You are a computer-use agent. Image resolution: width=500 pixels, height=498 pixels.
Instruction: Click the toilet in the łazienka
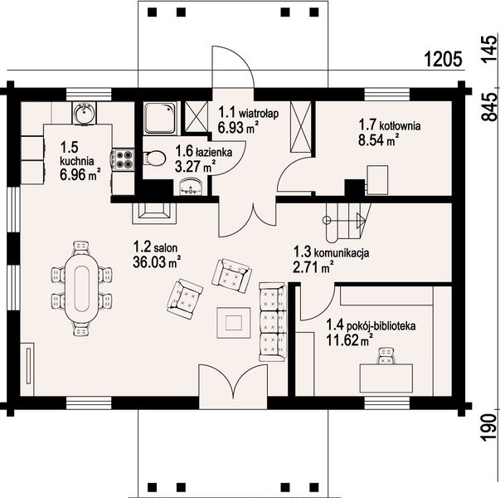click(x=155, y=158)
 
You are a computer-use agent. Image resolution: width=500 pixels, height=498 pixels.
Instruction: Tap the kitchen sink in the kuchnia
click(x=84, y=113)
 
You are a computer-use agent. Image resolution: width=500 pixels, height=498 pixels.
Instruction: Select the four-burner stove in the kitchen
click(x=123, y=159)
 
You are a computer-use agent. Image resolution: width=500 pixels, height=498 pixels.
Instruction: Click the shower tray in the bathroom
click(x=160, y=118)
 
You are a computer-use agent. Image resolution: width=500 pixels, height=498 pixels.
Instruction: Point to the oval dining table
click(x=81, y=289)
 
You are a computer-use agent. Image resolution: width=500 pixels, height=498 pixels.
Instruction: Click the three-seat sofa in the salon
click(x=272, y=322)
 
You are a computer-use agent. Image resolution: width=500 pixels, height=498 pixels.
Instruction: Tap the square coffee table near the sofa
click(x=234, y=322)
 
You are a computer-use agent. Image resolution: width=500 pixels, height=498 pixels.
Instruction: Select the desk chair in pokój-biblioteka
click(x=386, y=356)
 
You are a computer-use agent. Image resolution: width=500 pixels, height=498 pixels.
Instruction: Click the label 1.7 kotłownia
click(x=390, y=124)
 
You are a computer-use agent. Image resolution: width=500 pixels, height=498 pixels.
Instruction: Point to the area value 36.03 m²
click(x=157, y=262)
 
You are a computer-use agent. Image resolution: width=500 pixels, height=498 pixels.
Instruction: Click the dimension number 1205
click(x=443, y=60)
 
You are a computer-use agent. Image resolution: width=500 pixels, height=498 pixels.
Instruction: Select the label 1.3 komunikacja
click(x=332, y=252)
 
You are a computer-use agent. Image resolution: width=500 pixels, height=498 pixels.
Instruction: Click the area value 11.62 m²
click(x=349, y=340)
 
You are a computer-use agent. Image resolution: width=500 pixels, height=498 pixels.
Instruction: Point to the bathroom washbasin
click(x=192, y=187)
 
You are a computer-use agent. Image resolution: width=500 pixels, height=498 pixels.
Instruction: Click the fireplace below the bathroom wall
click(x=155, y=213)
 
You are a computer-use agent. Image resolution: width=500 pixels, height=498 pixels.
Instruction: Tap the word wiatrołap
click(x=259, y=113)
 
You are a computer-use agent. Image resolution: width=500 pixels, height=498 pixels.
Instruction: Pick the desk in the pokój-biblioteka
click(x=386, y=378)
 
